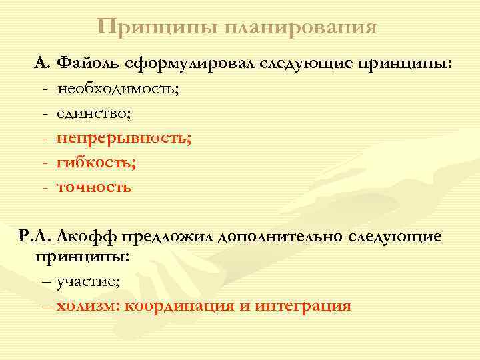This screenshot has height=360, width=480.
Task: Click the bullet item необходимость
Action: (x=118, y=89)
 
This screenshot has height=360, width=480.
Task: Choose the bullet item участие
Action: (x=88, y=281)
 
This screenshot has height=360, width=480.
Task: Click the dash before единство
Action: (x=44, y=114)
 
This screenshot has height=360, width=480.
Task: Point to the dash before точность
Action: (x=44, y=188)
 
